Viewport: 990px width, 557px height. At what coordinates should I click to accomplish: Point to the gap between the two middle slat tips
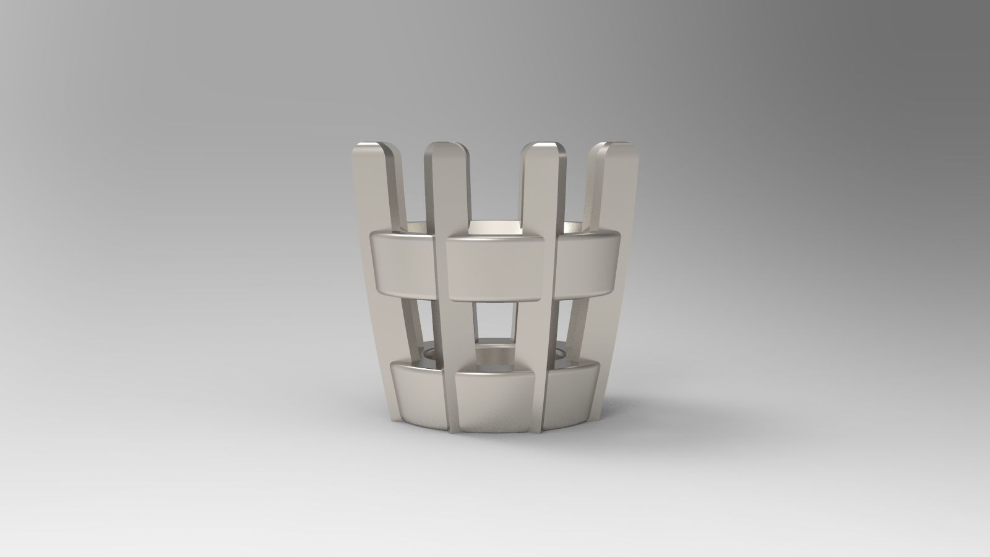495,186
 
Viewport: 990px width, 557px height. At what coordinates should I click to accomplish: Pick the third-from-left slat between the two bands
533,328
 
